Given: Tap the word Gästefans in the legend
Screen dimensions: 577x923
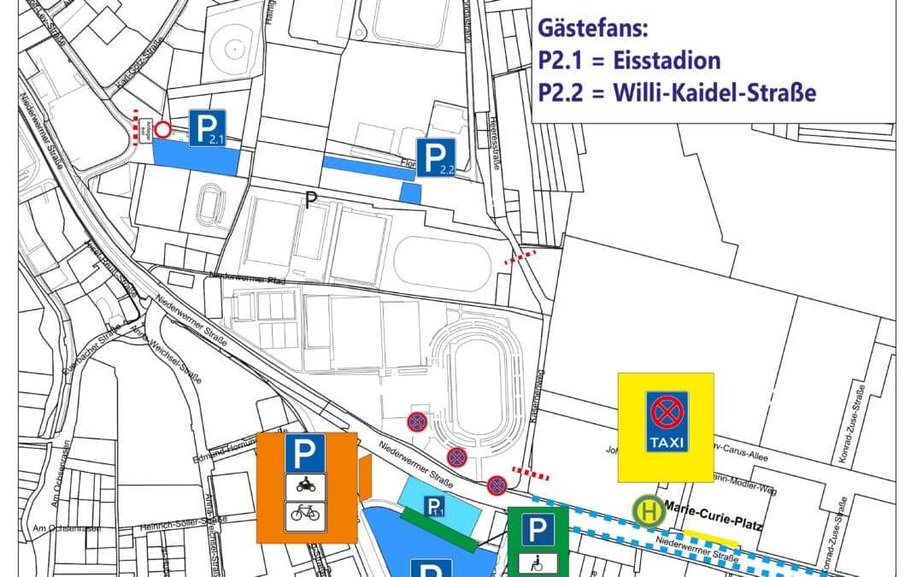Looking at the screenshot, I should point(593,28).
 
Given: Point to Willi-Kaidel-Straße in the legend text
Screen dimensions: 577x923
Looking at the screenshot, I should point(714,91).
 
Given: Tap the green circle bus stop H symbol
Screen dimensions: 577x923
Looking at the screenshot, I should point(647,511).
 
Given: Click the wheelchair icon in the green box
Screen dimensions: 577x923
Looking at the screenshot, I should point(538,562).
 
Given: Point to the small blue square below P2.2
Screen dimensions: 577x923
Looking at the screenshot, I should point(411,192).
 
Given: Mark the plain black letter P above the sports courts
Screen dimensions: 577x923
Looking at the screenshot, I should point(312,200).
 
